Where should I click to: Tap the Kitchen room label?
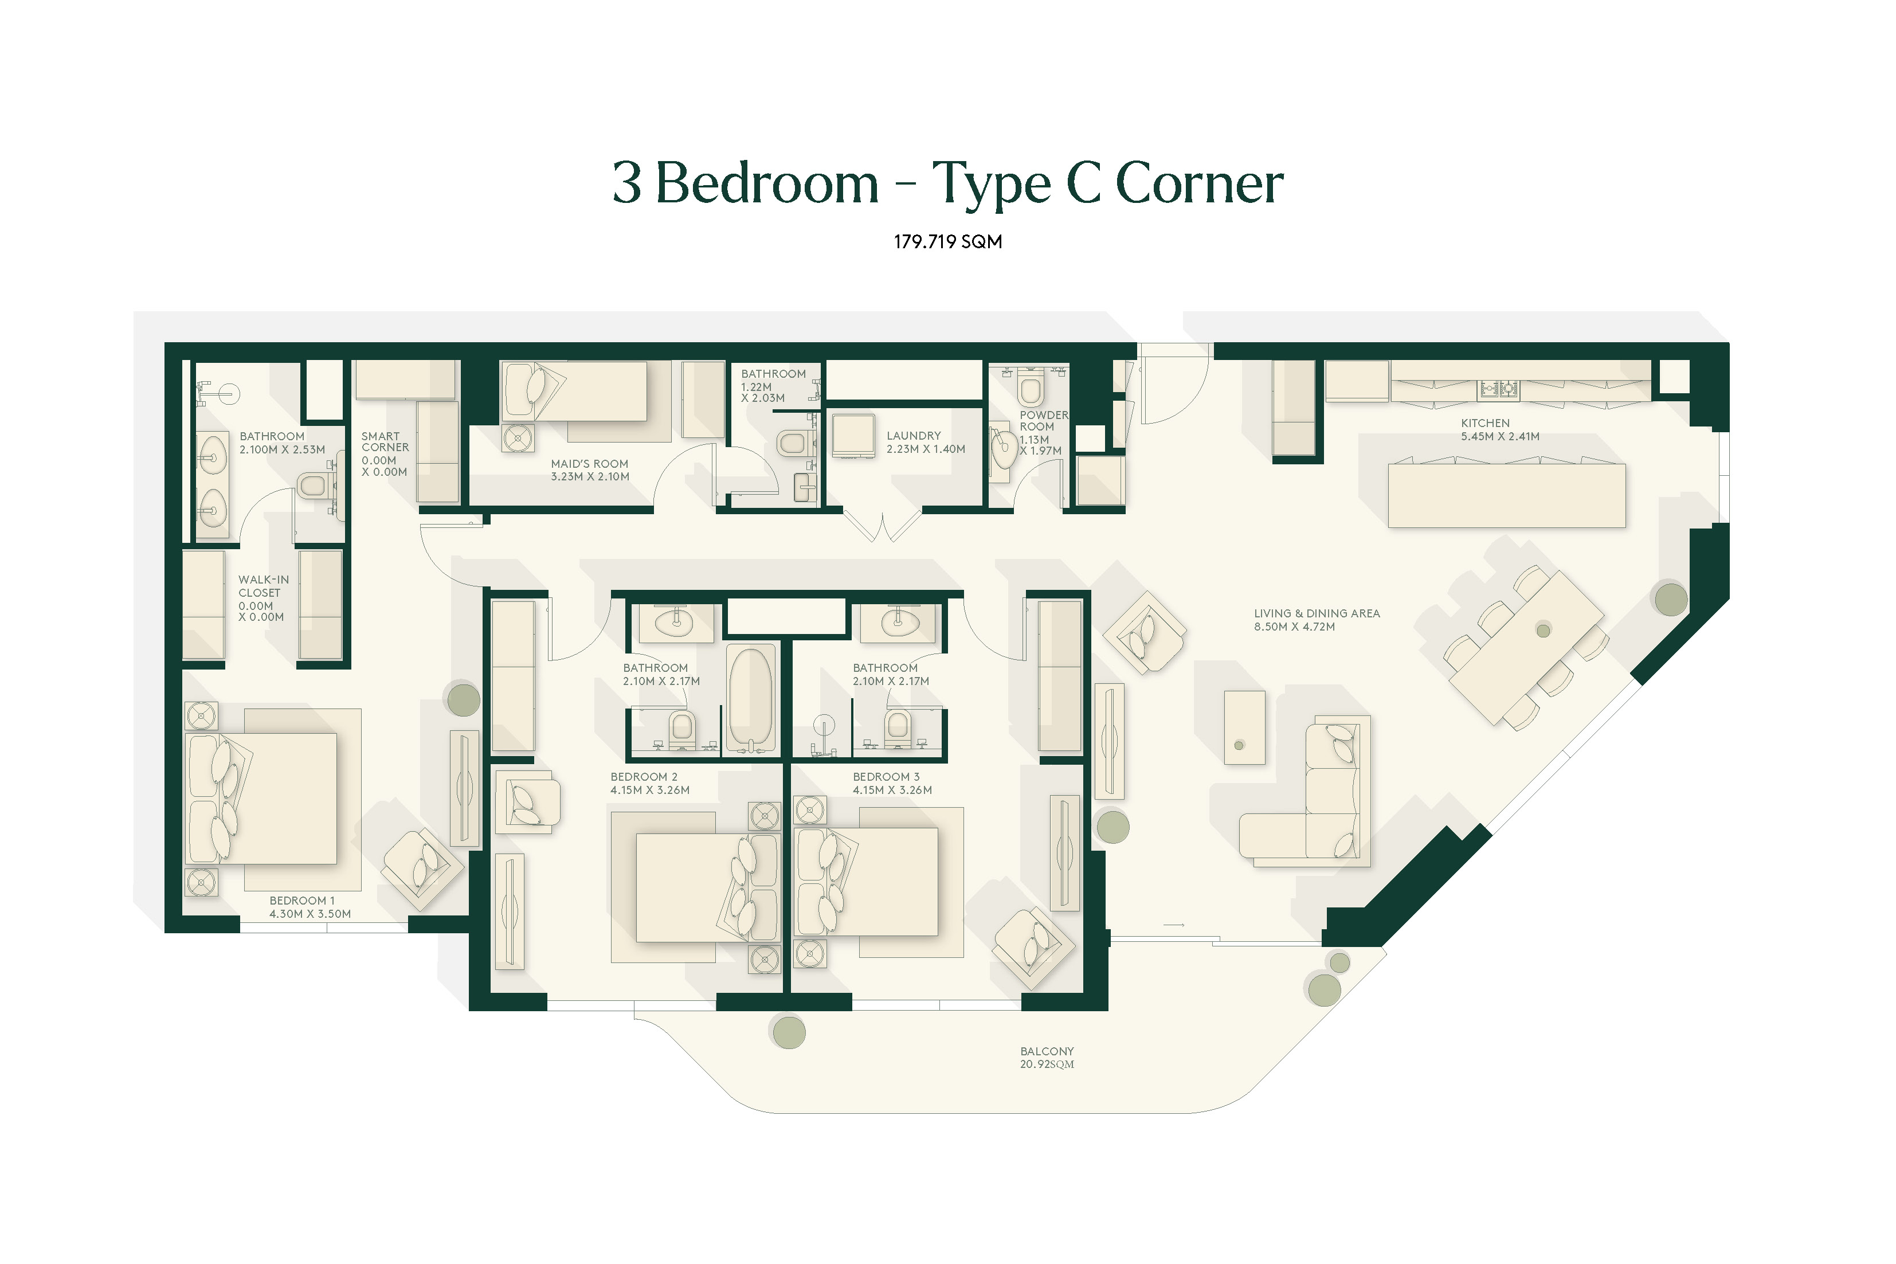[x=1485, y=423]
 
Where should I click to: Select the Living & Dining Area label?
[x=1317, y=613]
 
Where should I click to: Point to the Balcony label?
[x=1047, y=1051]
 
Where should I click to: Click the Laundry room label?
[x=914, y=435]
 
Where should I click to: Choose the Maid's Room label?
[x=589, y=464]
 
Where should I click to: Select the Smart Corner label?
[x=385, y=442]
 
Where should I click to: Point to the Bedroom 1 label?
[x=301, y=901]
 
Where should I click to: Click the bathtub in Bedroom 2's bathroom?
[x=751, y=699]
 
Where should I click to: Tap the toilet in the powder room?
[x=1031, y=387]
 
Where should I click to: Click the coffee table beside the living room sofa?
[x=1244, y=727]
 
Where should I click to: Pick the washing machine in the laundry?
[x=853, y=435]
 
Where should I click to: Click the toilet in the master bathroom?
[x=314, y=486]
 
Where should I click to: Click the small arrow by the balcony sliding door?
[x=1174, y=925]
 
